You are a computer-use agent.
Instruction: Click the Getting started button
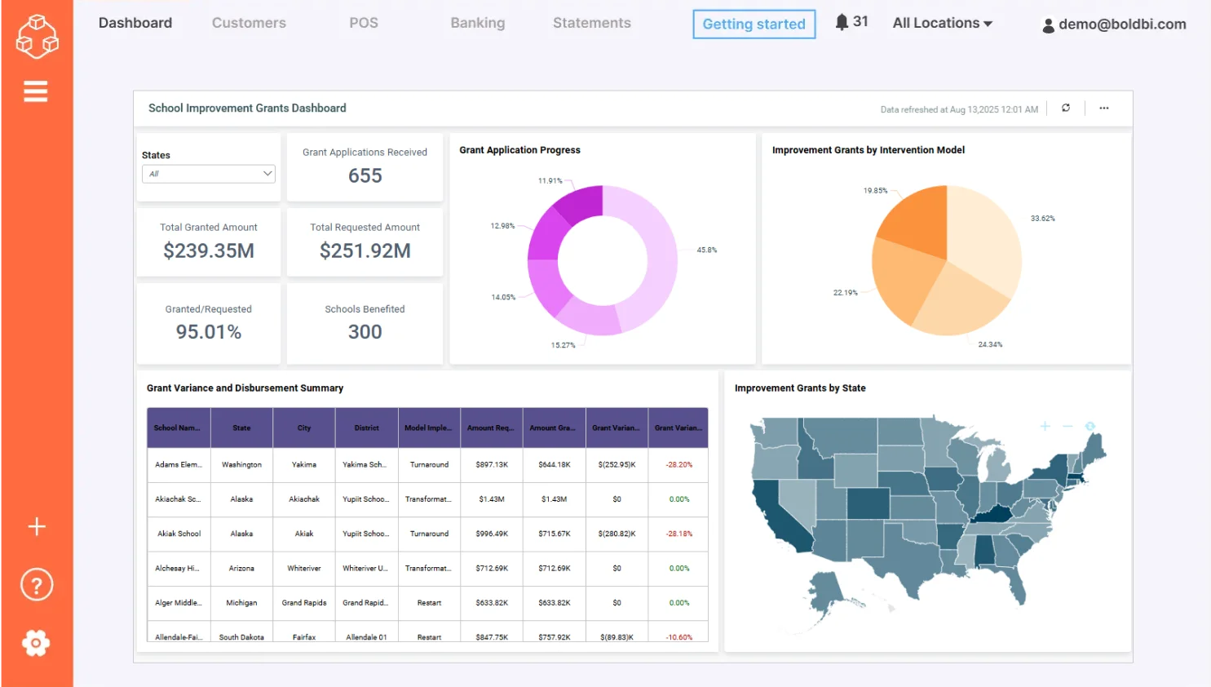(754, 24)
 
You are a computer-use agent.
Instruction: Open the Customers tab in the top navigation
(249, 23)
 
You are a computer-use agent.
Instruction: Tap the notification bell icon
(842, 22)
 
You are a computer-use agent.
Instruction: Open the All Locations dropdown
(942, 23)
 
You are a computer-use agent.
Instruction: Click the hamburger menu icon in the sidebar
(36, 91)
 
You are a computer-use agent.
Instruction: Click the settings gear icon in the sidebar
(36, 643)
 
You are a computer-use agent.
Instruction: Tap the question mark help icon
(36, 585)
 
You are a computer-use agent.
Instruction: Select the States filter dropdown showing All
(209, 174)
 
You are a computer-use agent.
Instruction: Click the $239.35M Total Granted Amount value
(209, 250)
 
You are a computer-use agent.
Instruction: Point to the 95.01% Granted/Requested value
(209, 332)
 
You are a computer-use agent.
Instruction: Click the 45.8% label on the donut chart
(706, 250)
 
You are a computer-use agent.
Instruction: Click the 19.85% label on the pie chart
(875, 191)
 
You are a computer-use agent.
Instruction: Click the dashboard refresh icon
(1065, 108)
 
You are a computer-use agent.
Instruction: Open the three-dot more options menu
(1103, 108)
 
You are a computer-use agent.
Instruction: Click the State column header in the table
(241, 428)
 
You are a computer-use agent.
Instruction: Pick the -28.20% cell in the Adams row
(678, 464)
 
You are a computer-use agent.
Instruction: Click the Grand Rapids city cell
(304, 603)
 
